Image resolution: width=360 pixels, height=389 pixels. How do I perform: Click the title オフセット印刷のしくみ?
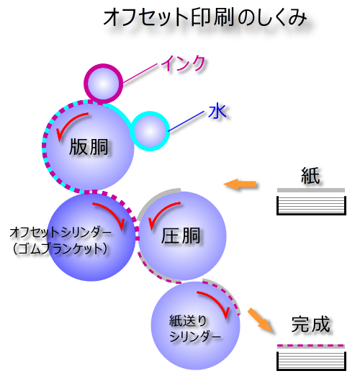[204, 17]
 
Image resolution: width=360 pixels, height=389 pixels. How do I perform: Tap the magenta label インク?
[184, 63]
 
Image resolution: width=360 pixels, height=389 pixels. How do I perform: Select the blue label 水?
[217, 112]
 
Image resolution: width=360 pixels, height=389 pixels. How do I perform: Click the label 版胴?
[89, 147]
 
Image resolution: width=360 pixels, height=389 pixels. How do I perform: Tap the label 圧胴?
[181, 236]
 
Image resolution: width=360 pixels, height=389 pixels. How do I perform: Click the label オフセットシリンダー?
[60, 233]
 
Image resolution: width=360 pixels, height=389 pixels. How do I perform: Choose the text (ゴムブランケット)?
[60, 249]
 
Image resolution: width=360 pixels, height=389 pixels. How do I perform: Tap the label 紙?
[310, 176]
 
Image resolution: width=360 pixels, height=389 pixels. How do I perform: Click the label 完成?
[310, 324]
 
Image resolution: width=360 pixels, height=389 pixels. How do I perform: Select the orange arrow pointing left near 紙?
[240, 184]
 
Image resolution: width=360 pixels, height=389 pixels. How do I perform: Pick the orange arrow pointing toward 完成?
[261, 320]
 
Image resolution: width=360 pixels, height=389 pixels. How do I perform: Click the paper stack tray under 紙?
[311, 205]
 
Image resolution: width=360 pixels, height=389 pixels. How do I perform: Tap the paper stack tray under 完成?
[311, 361]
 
